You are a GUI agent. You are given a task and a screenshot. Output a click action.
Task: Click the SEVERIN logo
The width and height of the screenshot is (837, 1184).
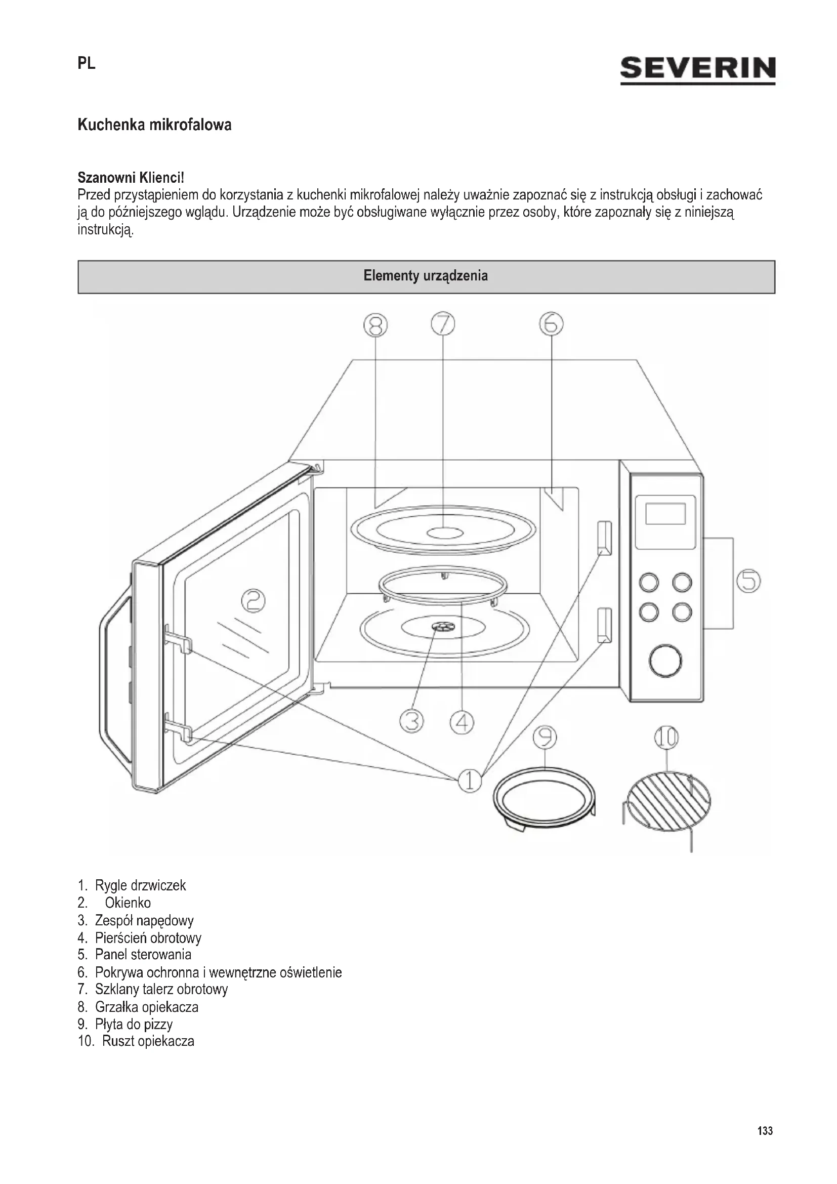pyautogui.click(x=697, y=69)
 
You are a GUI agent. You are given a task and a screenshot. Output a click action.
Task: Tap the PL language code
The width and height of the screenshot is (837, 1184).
pyautogui.click(x=87, y=63)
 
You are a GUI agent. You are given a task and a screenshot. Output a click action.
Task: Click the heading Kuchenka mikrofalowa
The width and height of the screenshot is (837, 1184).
pyautogui.click(x=155, y=125)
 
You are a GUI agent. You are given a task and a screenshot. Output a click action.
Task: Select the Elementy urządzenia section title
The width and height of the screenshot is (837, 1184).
pyautogui.click(x=426, y=276)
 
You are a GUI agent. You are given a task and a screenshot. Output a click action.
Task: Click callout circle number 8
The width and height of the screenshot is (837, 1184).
pyautogui.click(x=375, y=325)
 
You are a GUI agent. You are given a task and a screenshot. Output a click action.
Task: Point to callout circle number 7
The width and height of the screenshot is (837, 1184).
pyautogui.click(x=443, y=324)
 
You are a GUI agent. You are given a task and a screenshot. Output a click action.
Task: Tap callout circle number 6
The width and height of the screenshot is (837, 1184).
pyautogui.click(x=552, y=324)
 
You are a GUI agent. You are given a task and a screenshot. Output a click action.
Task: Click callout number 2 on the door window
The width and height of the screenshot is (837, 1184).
pyautogui.click(x=254, y=601)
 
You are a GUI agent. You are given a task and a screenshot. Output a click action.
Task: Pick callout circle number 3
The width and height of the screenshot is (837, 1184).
pyautogui.click(x=412, y=721)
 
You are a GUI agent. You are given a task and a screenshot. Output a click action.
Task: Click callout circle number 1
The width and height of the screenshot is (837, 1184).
pyautogui.click(x=470, y=781)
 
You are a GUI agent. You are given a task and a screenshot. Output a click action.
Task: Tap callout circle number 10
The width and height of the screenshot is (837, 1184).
pyautogui.click(x=666, y=738)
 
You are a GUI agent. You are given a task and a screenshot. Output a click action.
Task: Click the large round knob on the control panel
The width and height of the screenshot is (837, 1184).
pyautogui.click(x=665, y=661)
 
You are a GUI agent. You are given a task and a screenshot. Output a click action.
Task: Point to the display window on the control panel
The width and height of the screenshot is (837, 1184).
pyautogui.click(x=665, y=514)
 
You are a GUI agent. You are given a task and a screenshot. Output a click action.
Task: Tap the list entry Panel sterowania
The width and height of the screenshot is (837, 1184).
pyautogui.click(x=143, y=955)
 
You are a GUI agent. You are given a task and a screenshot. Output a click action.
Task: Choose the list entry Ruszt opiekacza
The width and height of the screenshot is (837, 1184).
pyautogui.click(x=148, y=1041)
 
